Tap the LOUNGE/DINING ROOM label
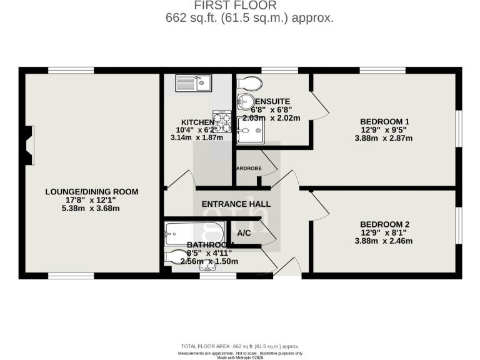[x=91, y=192]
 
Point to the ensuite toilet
[x=250, y=83]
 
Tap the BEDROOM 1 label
[x=384, y=121]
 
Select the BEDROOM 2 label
[x=384, y=224]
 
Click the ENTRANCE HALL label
[x=236, y=204]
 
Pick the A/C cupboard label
[x=244, y=233]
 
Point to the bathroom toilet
[x=177, y=256]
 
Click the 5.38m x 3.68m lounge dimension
[x=91, y=208]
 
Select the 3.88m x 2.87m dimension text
[x=384, y=138]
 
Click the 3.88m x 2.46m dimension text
[x=384, y=241]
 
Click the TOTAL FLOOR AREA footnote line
[x=240, y=346]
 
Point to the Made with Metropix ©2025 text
[x=240, y=357]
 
